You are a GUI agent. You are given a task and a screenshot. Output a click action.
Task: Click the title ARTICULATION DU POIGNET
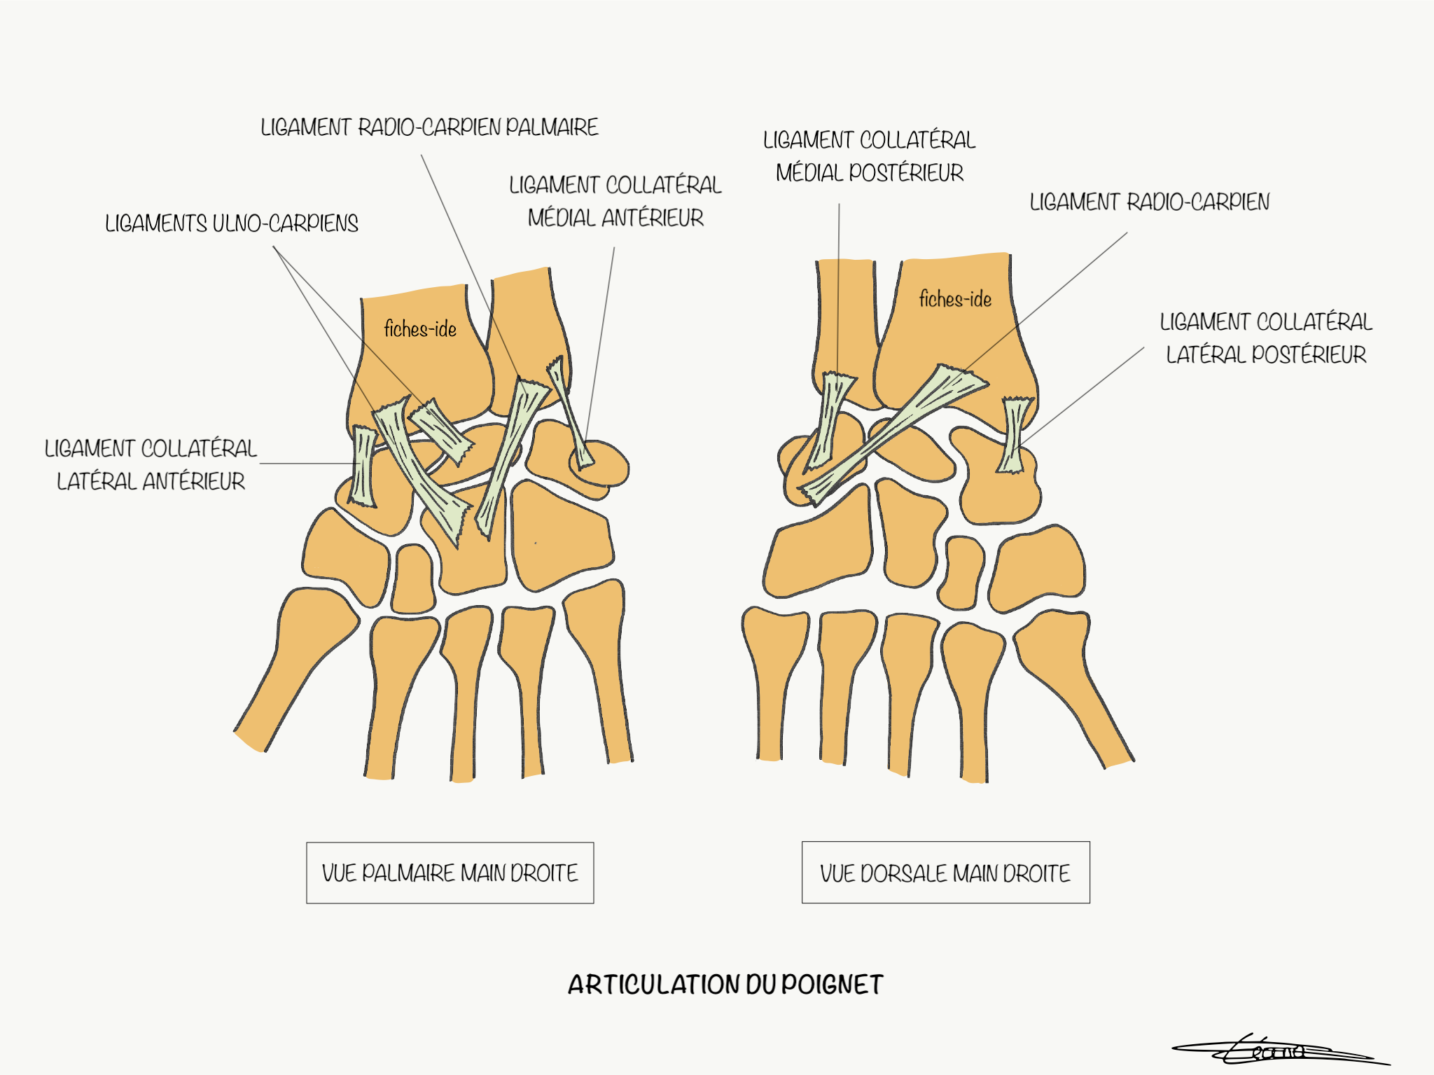[725, 984]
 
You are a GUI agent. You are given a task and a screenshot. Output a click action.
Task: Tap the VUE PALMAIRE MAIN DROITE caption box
[450, 873]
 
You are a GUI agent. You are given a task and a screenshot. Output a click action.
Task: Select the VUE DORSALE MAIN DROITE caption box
[946, 873]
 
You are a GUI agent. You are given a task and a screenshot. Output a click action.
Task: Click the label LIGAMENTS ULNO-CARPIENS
[232, 223]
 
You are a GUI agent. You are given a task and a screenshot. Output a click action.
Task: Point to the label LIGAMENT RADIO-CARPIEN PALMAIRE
[429, 127]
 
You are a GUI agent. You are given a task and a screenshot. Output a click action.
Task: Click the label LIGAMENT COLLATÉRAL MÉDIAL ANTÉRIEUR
[615, 201]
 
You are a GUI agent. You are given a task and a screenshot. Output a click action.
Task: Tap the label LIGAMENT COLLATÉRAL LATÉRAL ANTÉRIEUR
[151, 464]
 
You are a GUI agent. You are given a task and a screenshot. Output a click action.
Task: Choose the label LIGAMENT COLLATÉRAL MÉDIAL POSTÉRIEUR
[870, 156]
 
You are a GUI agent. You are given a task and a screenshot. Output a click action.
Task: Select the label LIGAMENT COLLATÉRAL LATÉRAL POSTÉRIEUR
[1266, 338]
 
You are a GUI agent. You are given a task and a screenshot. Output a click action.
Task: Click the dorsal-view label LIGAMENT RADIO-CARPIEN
[1149, 202]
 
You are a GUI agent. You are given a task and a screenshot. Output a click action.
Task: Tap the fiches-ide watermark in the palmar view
[420, 328]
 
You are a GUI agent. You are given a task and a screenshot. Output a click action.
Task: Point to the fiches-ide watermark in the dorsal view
[955, 299]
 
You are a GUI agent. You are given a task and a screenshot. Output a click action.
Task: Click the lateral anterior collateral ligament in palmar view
[363, 466]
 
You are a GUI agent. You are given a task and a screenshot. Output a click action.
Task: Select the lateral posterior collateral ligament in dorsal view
[1013, 435]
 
